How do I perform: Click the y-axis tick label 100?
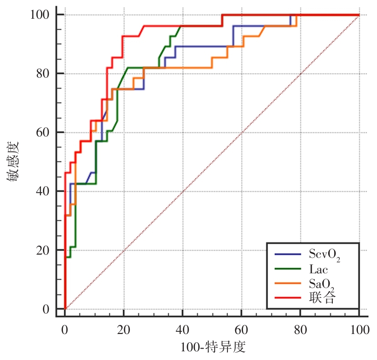(40, 15)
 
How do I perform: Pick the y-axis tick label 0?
(46, 309)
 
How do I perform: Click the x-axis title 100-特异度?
(213, 347)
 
